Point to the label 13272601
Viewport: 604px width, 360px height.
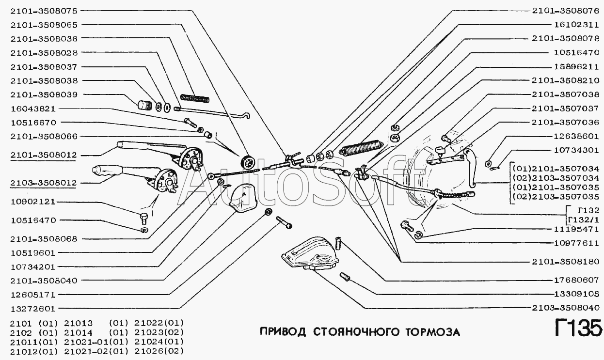point(33,309)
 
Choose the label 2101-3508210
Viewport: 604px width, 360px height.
point(565,80)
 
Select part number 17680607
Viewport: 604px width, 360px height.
point(572,280)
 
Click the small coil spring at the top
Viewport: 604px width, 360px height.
point(194,98)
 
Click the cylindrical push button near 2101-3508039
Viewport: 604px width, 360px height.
point(143,104)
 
